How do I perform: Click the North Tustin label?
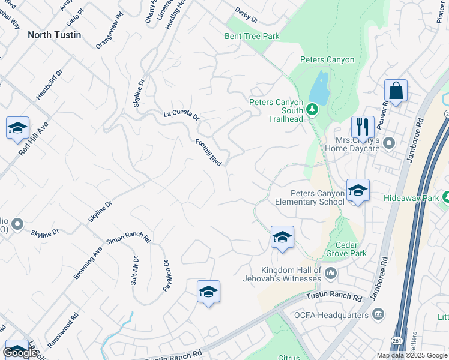54,35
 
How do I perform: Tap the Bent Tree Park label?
252,37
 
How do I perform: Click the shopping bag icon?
396,91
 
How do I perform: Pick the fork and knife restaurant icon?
363,127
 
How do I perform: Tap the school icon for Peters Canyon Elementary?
358,191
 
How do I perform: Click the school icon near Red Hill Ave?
18,128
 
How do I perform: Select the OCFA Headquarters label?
331,314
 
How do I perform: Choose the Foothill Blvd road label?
209,152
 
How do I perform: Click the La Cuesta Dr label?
181,115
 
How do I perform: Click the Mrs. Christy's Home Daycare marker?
389,143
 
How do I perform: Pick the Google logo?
20,353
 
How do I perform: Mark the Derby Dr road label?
246,16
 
